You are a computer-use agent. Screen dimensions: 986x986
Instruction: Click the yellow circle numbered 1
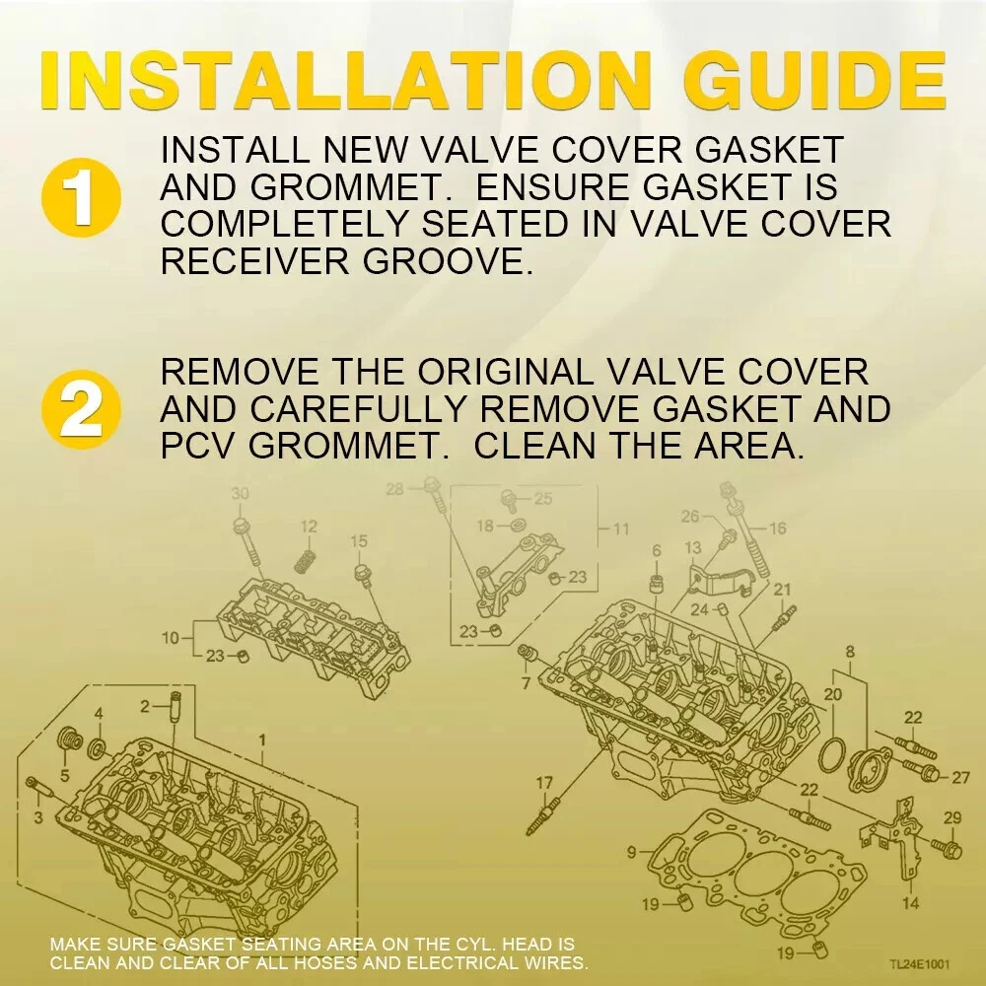81,197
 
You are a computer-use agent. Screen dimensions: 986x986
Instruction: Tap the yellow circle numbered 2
81,409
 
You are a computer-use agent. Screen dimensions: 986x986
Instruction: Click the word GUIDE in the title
814,81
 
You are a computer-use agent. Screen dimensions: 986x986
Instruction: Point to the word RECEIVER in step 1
254,261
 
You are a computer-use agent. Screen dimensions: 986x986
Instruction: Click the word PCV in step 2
199,446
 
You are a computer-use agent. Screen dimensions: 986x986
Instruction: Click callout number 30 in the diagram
240,494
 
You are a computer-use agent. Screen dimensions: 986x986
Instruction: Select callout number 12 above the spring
308,527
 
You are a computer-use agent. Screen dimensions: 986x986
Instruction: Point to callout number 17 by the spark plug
544,783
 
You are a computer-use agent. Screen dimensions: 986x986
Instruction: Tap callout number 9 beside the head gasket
632,853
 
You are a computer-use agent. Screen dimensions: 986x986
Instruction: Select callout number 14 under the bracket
910,903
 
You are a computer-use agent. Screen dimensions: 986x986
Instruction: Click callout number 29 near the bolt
952,817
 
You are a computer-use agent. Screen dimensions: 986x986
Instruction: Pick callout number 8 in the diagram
850,652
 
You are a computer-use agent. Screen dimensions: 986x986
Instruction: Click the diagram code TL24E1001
919,964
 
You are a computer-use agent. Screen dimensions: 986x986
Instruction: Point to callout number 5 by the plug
64,776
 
